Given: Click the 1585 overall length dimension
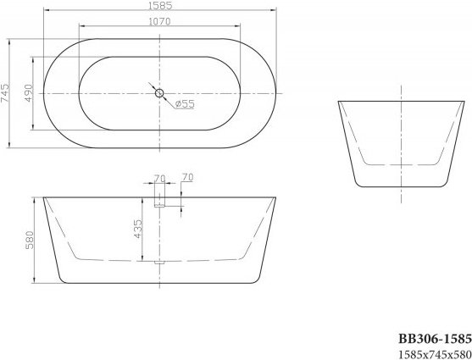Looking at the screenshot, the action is coord(160,5).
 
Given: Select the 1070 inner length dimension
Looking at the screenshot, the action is coord(159,21).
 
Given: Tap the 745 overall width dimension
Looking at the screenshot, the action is coord(5,93).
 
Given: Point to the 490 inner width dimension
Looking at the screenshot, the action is coord(28,93).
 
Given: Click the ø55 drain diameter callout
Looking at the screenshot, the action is coord(185,104).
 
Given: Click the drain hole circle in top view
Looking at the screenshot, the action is coord(159,93).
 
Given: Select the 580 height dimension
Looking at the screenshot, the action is coord(30,240).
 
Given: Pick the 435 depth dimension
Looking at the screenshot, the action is coord(137,229).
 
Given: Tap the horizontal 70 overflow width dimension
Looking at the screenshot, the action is coord(160,179).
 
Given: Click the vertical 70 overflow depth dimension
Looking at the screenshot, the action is coord(187,177).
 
